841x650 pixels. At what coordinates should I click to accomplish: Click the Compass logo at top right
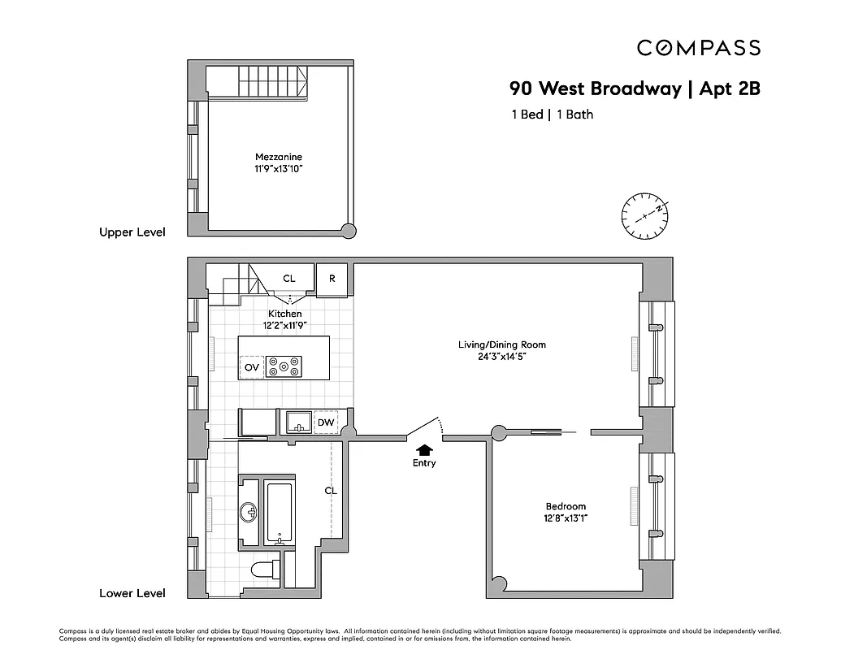point(698,48)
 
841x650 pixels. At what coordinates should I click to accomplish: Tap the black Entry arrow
point(423,449)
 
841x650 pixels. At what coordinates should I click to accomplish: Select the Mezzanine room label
point(273,157)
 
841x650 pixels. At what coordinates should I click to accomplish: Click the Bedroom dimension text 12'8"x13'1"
point(566,518)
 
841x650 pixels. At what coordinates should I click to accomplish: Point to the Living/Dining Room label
point(501,344)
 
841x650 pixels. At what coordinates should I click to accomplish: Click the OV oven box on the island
point(252,368)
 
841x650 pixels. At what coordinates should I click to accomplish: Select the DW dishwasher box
point(325,422)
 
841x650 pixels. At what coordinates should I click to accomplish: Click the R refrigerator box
point(332,278)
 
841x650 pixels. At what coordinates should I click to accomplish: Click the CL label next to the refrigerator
point(289,278)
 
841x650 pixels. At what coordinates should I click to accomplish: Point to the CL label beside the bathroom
point(330,491)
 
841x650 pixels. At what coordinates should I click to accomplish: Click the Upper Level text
point(132,232)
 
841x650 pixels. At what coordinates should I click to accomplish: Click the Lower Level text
point(132,593)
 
